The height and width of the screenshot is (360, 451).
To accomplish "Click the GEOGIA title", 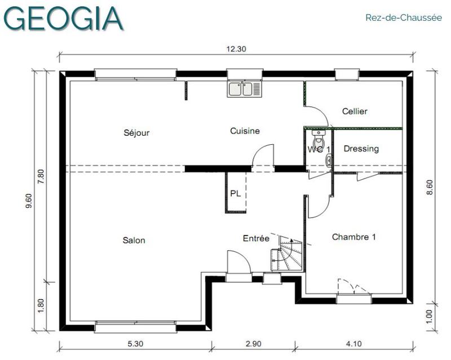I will pyautogui.click(x=63, y=18).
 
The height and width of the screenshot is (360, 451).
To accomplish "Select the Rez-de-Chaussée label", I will pyautogui.click(x=403, y=18).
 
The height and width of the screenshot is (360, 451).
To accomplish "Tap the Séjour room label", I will pyautogui.click(x=136, y=133).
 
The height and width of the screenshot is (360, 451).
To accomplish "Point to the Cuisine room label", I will pyautogui.click(x=245, y=131).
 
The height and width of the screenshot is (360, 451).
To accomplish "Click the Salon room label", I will pyautogui.click(x=134, y=241).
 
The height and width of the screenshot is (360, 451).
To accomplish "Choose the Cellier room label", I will pyautogui.click(x=355, y=112).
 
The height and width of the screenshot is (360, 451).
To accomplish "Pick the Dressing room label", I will pyautogui.click(x=361, y=149).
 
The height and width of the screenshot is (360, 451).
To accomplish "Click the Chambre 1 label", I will pyautogui.click(x=353, y=237).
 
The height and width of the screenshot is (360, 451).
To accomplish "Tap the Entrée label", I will pyautogui.click(x=256, y=238).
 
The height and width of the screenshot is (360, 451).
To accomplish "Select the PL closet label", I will pyautogui.click(x=235, y=193).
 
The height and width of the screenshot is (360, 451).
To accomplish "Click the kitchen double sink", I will pyautogui.click(x=245, y=89).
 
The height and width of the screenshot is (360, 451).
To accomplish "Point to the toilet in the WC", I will pyautogui.click(x=319, y=138).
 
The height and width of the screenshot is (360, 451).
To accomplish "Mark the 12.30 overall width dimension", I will pyautogui.click(x=236, y=49).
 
